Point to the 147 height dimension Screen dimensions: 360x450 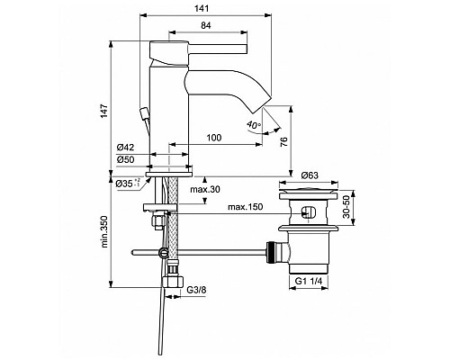coord(103,109)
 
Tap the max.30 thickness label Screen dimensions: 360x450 coord(205,190)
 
